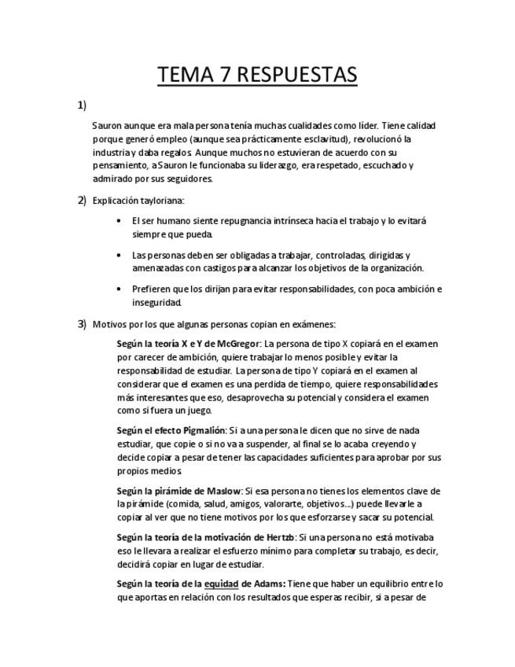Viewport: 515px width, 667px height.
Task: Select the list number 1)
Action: click(x=82, y=105)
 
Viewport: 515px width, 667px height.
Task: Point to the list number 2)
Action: click(x=82, y=200)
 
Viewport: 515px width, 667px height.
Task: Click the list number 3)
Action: click(x=82, y=323)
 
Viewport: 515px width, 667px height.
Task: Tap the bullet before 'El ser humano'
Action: click(x=118, y=221)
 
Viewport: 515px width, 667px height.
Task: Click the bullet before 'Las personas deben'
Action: click(x=118, y=255)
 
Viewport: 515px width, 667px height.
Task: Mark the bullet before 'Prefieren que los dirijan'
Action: click(x=118, y=289)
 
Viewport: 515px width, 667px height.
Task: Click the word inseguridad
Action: click(x=156, y=302)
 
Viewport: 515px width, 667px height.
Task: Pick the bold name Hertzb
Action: click(x=279, y=537)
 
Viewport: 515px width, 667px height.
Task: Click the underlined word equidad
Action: click(x=222, y=584)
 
